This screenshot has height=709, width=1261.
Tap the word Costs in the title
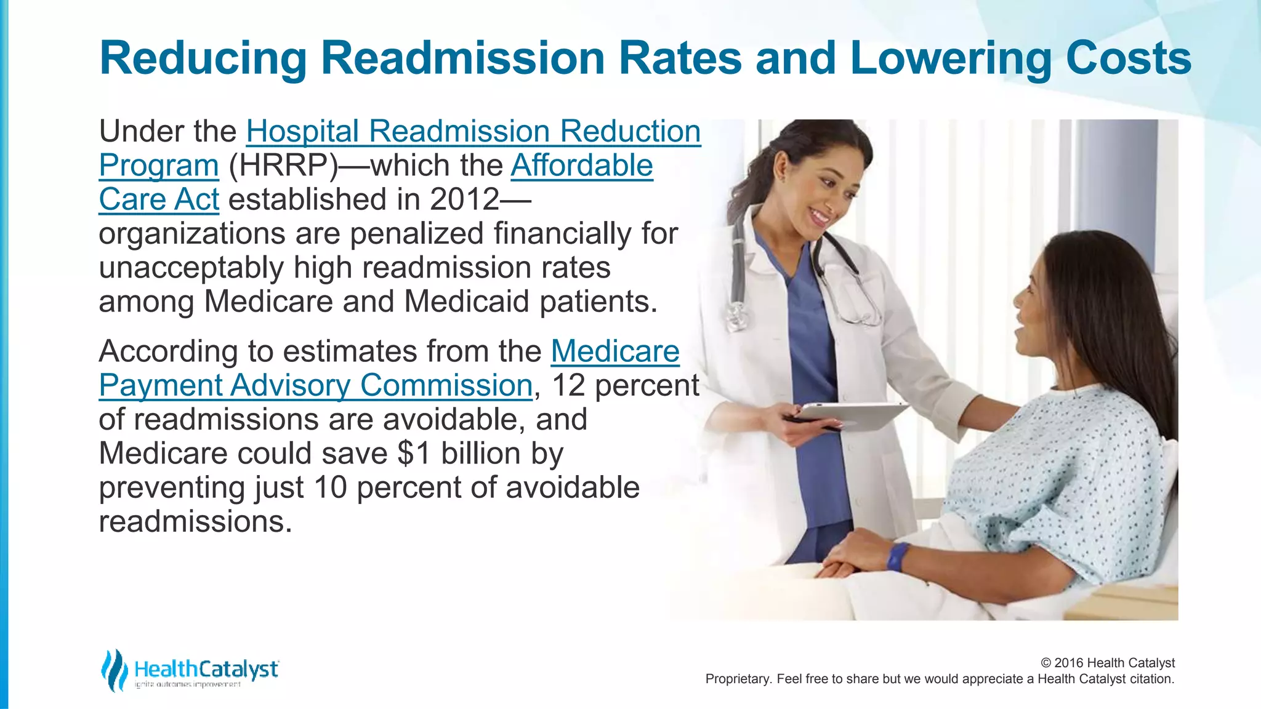(1128, 58)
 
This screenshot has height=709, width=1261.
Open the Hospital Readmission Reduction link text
(473, 131)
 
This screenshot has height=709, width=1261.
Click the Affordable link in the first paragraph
(581, 165)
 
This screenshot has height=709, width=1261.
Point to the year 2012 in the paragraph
(465, 199)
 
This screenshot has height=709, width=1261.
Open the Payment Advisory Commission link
(315, 385)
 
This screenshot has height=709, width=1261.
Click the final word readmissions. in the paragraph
(195, 521)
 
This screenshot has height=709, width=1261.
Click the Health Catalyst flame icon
(114, 670)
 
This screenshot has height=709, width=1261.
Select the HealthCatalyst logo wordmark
(206, 669)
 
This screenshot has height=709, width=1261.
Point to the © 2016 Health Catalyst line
(1107, 663)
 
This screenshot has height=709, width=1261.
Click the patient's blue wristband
(897, 556)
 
